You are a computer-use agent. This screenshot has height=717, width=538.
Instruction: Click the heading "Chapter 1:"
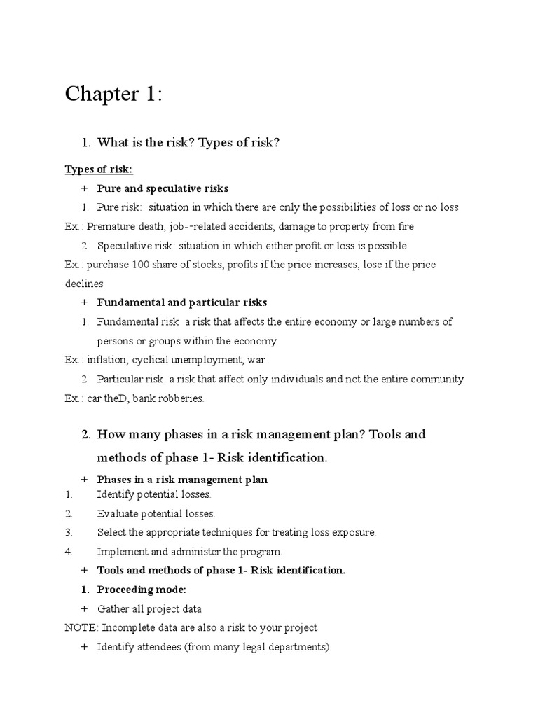pos(113,95)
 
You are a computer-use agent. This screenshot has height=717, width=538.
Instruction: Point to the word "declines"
pos(84,284)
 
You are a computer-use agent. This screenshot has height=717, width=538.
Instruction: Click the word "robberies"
pos(181,398)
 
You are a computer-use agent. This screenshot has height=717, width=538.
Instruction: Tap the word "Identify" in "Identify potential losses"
pos(115,494)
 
